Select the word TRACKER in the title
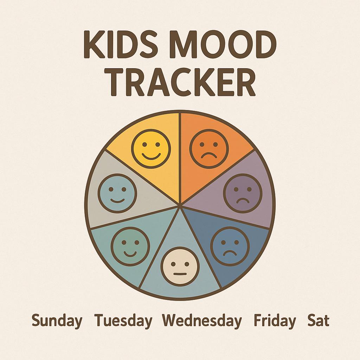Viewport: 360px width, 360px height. pos(180,83)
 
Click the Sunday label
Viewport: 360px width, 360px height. pos(57,321)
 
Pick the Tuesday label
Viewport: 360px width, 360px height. pos(123,321)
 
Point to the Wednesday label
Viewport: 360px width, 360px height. pos(202,321)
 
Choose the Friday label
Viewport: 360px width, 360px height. pos(275,321)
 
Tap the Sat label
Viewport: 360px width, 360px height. pos(319,321)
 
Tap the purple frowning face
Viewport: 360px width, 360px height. pos(243,193)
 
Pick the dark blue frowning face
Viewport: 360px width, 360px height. pos(230,246)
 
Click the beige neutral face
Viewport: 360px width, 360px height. pos(180,266)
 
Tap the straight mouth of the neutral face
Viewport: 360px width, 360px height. pos(180,273)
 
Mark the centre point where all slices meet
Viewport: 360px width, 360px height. pos(180,204)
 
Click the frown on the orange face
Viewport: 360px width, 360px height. pos(209,155)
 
